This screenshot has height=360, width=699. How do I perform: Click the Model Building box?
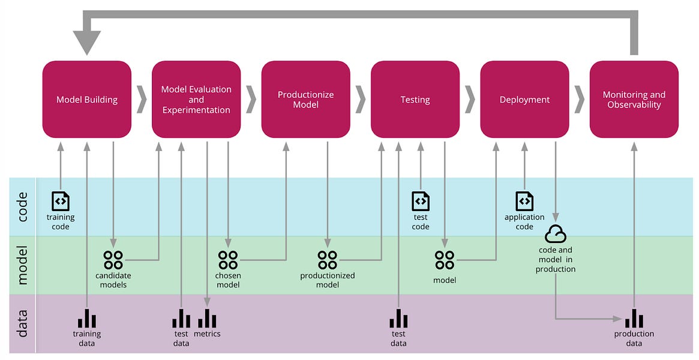87,99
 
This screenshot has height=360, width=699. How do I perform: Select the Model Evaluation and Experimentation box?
196,99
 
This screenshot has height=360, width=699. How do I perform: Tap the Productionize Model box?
305,99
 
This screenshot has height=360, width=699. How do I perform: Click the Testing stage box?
415,99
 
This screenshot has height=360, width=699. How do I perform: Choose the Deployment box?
524,99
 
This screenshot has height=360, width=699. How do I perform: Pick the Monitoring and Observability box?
634,99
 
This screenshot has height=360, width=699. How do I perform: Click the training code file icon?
61,201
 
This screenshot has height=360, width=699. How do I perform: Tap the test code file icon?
421,201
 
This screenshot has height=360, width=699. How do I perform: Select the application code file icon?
524,201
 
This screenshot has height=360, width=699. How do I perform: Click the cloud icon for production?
556,233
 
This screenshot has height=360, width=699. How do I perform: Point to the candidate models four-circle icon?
113,260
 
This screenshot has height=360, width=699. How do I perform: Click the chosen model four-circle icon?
228,260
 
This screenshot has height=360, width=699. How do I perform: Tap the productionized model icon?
328,260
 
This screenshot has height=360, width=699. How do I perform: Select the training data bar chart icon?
87,319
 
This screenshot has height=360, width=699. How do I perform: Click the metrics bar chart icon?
207,319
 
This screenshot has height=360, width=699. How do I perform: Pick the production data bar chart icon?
634,319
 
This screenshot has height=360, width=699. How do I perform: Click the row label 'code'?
22,207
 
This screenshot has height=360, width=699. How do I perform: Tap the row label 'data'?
22,323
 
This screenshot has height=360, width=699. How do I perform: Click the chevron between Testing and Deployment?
470,99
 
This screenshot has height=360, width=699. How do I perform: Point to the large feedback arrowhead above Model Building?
87,43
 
